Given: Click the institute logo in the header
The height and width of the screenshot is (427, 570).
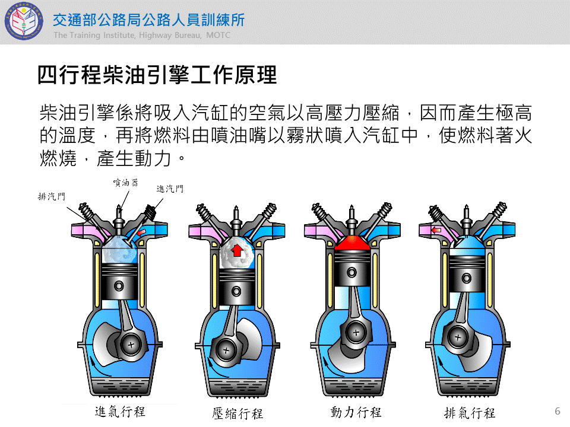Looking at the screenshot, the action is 24,21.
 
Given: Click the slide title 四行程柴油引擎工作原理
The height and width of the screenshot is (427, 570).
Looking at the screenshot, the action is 157,75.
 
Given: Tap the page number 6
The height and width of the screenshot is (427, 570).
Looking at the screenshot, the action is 558,411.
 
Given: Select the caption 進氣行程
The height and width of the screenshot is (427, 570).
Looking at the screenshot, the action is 120,412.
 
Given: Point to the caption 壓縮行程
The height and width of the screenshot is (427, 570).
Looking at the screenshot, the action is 237,413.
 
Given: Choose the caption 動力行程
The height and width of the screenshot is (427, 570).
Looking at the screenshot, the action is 356,412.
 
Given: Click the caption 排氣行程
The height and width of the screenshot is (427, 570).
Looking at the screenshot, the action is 470,413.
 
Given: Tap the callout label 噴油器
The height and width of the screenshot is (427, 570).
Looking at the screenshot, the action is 126,182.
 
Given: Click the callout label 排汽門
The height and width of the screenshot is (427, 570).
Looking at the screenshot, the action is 52,196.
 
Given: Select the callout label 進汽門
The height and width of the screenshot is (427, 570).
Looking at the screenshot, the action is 170,189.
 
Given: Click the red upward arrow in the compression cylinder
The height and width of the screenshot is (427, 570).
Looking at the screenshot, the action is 237,250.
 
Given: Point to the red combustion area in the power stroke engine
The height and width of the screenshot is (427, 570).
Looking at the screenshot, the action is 352,242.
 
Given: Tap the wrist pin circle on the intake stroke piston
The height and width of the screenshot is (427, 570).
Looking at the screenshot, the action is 119,286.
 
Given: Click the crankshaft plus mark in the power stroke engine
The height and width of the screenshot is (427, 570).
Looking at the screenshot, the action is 356,332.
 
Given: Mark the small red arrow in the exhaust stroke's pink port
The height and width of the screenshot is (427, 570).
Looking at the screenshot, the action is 436,230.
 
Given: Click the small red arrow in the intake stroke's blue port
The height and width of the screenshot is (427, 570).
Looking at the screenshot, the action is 141,232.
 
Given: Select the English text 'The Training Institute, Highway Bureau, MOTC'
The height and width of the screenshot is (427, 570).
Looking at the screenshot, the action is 142,35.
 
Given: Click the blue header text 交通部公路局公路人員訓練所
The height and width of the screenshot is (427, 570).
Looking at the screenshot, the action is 148,20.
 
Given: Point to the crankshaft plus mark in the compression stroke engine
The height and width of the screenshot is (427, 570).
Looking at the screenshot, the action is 226,350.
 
